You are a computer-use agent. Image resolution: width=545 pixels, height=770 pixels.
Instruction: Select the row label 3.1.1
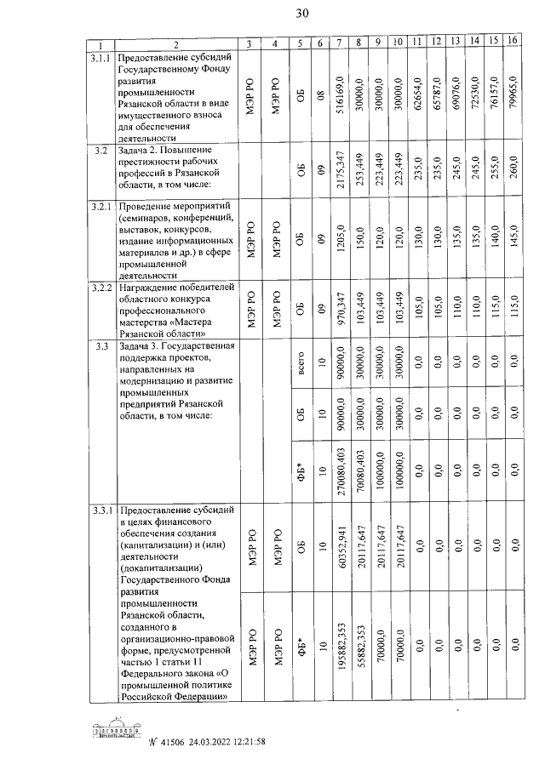(x=100, y=57)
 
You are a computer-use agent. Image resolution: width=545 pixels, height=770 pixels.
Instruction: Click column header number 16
(x=512, y=43)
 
